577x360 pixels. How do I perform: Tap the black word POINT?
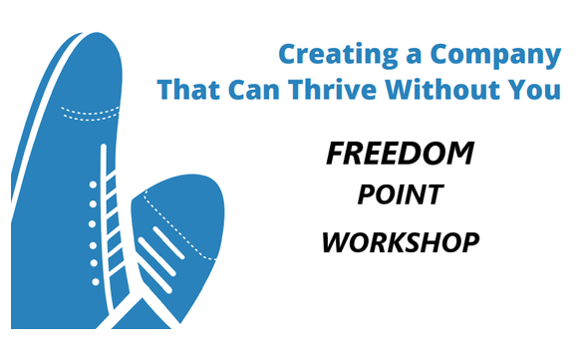(x=400, y=196)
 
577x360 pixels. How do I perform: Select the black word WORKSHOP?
(x=400, y=242)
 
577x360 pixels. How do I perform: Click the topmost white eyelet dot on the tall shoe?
(x=94, y=185)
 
